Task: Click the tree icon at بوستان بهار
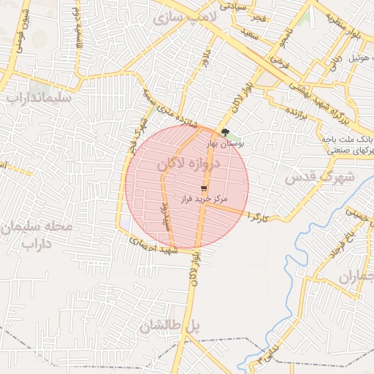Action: pos(225,132)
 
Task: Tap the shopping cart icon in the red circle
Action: pos(202,188)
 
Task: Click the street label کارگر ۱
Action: pos(259,216)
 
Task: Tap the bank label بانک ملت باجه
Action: pos(348,137)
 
